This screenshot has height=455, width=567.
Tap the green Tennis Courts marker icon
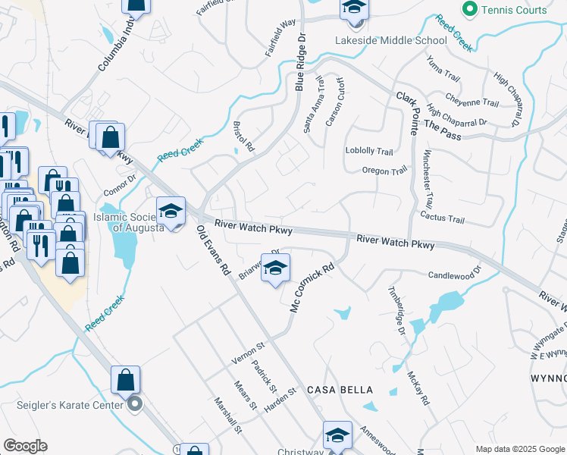[x=469, y=10]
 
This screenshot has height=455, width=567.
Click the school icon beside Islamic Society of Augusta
[x=171, y=212]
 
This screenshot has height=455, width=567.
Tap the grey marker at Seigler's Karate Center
[x=134, y=404]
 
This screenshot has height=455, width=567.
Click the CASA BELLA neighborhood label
[x=340, y=390]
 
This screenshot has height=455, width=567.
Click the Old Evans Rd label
[x=213, y=249]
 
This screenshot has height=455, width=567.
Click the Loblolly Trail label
[x=369, y=151]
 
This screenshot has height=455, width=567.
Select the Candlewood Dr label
[x=455, y=274]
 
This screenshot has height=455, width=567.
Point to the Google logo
[x=25, y=446]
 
